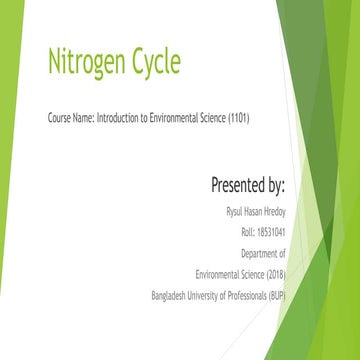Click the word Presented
(239, 185)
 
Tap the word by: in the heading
(277, 185)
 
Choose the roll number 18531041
(271, 232)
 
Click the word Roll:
(248, 232)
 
